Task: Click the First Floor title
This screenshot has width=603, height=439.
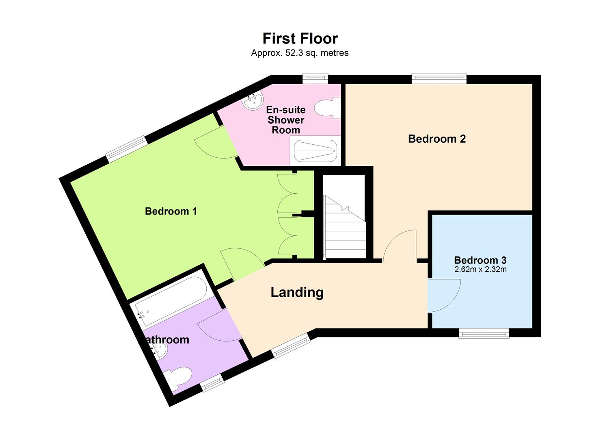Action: (300, 38)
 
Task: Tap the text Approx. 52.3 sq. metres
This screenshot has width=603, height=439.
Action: (300, 53)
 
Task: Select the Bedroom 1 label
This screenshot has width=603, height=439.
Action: (171, 211)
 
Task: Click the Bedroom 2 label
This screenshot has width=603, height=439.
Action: (437, 139)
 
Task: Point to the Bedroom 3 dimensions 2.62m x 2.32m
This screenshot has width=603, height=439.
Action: (480, 269)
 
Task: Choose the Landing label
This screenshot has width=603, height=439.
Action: (297, 292)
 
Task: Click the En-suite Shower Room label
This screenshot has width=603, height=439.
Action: (286, 120)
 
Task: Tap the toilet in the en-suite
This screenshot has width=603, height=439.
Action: (327, 108)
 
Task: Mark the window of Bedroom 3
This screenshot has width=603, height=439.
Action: (484, 334)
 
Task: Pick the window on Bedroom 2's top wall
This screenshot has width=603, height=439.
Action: (439, 78)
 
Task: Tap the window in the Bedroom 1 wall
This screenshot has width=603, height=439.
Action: (126, 149)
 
